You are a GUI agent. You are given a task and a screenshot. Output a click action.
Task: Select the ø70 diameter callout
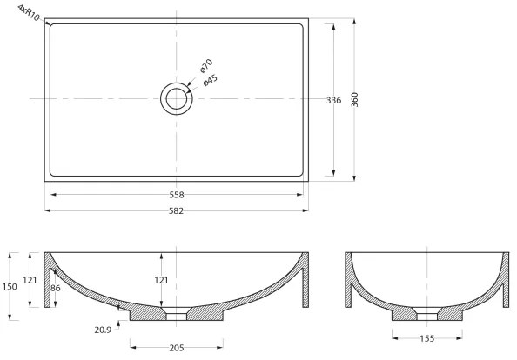(x=206, y=66)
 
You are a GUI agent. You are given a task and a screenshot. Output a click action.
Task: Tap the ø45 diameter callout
(x=210, y=80)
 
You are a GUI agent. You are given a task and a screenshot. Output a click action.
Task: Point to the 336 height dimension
(x=333, y=101)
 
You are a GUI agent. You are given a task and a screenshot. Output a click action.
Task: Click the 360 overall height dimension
(x=355, y=99)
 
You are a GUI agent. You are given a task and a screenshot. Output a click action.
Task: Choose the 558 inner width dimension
(x=177, y=195)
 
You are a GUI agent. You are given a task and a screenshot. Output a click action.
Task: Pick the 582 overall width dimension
(x=177, y=210)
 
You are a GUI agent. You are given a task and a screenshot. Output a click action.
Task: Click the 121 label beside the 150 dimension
(x=29, y=280)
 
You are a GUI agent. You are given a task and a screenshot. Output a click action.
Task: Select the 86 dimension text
(x=55, y=287)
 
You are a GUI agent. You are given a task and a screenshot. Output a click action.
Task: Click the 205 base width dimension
(x=177, y=348)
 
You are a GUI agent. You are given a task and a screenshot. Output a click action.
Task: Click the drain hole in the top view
(x=177, y=98)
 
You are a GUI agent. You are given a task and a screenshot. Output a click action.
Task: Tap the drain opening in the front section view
(x=177, y=310)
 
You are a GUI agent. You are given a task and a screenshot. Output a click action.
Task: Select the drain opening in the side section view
(x=426, y=312)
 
